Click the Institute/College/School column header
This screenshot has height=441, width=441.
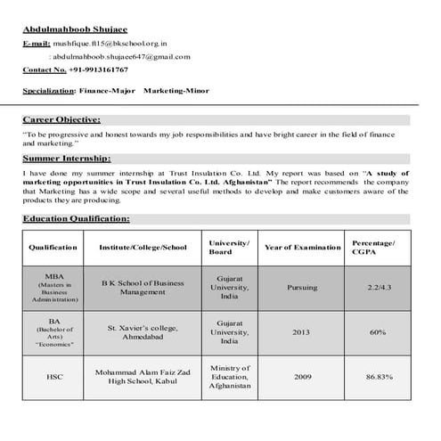click(x=143, y=247)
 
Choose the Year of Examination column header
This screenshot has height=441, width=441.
click(x=302, y=247)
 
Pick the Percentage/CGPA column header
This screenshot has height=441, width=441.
click(x=373, y=247)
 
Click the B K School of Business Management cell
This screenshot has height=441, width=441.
click(x=143, y=287)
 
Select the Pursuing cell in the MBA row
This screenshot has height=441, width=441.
click(x=302, y=288)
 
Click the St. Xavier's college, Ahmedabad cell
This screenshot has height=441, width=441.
click(x=143, y=332)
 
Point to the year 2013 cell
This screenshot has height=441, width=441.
click(x=302, y=332)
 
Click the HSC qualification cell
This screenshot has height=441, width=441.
click(x=54, y=377)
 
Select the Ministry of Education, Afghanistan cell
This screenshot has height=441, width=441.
click(x=229, y=377)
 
